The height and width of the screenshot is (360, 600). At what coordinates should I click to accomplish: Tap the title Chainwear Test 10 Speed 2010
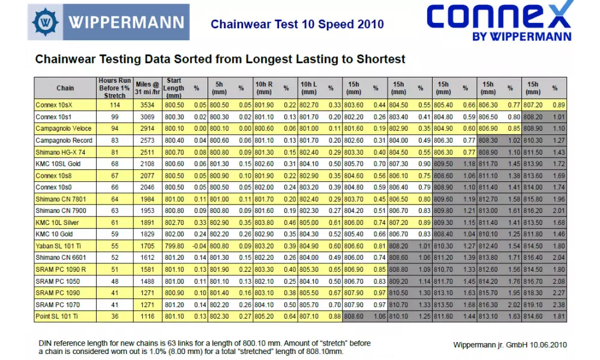tap(297, 25)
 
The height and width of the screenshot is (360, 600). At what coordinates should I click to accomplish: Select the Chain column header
tap(65, 88)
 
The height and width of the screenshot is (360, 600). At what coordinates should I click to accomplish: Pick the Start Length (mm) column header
tap(175, 88)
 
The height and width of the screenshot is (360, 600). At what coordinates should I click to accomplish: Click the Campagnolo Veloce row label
tap(64, 128)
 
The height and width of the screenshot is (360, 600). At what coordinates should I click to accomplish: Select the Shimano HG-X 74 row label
tap(61, 152)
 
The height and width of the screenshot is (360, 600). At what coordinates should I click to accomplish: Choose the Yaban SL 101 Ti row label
tap(58, 246)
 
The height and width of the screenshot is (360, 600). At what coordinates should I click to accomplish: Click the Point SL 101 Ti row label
tap(57, 316)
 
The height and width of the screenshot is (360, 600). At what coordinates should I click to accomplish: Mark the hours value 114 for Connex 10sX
tap(115, 105)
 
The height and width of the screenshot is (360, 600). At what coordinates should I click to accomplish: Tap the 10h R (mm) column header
tap(264, 88)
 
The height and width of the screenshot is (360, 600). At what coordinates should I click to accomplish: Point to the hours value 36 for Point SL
tap(115, 316)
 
